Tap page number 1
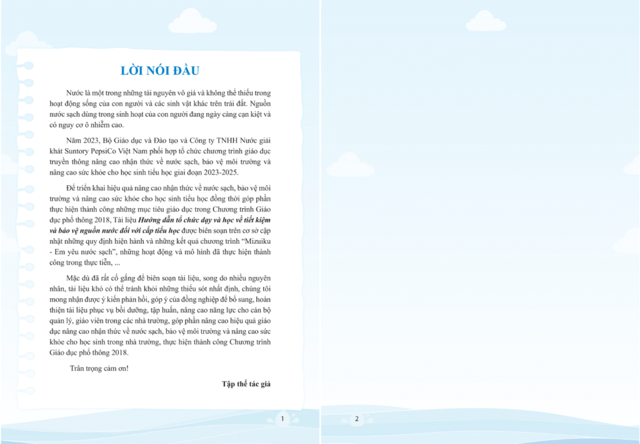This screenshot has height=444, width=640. click(282, 418)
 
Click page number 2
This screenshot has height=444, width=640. click(356, 418)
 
